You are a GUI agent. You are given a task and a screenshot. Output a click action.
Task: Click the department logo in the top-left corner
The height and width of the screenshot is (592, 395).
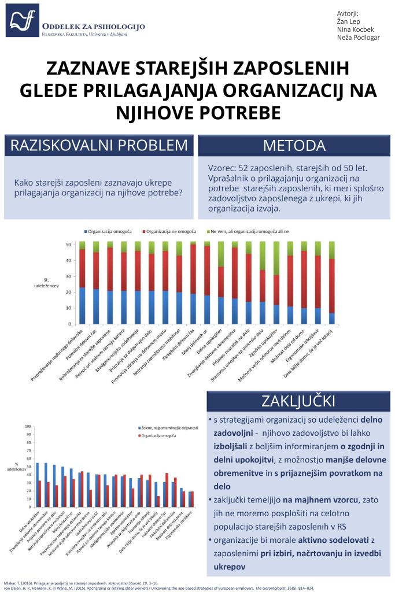[x=23, y=21]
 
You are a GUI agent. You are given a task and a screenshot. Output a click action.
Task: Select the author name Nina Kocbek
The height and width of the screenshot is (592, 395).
[x=355, y=29]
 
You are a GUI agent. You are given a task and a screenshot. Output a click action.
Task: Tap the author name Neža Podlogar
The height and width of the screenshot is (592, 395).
[x=358, y=38]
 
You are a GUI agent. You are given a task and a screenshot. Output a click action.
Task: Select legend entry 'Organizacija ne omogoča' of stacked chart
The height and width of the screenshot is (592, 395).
[x=171, y=231]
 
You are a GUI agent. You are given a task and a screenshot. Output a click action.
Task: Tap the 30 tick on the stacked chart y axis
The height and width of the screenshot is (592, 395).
[x=69, y=276]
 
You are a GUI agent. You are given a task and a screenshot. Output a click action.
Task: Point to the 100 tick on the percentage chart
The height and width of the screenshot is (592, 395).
[x=28, y=427]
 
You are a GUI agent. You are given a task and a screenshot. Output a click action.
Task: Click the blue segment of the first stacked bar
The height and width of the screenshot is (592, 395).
[x=82, y=305]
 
